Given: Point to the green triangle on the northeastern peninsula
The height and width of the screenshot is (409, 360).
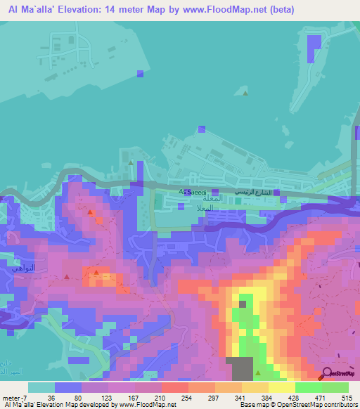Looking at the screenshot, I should pos(245,93).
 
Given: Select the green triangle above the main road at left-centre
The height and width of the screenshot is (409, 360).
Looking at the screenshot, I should pos(131,162).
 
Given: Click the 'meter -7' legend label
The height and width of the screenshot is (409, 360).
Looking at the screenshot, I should pos(15,398).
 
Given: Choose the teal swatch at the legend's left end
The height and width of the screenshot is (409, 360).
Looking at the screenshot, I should pos(41,387).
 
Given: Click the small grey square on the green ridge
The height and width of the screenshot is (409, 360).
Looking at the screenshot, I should pos(243,304).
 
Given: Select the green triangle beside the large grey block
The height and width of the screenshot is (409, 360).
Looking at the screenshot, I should pos(258,372).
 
